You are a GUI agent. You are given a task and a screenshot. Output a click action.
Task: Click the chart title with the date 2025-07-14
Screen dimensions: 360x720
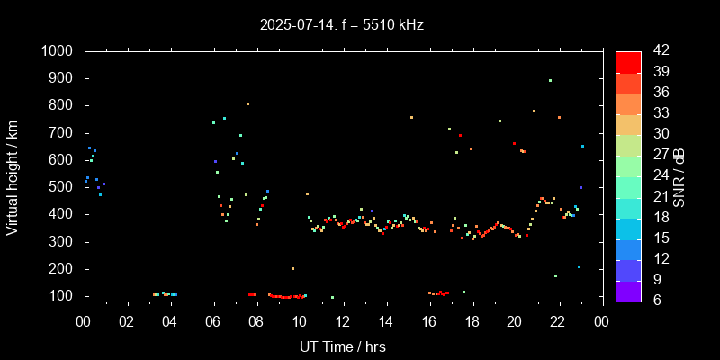tap(342, 25)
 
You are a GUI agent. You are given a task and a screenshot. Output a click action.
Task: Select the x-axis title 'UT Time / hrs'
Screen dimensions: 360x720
tap(342, 346)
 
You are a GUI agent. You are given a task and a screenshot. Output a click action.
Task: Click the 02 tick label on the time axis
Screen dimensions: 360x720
tap(127, 321)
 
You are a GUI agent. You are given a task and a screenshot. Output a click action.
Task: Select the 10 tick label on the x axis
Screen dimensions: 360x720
tap(300, 321)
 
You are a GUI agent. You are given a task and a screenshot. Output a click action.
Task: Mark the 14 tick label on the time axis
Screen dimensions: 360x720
tap(386, 321)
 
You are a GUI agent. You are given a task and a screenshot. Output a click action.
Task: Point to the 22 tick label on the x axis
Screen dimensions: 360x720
tap(558, 321)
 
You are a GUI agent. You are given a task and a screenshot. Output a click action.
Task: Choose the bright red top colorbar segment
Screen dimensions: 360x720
tap(628, 61)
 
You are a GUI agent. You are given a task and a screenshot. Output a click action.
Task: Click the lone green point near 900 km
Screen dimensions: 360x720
tap(550, 80)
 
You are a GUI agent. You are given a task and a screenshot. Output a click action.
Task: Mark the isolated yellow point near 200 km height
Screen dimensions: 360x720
tap(292, 268)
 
